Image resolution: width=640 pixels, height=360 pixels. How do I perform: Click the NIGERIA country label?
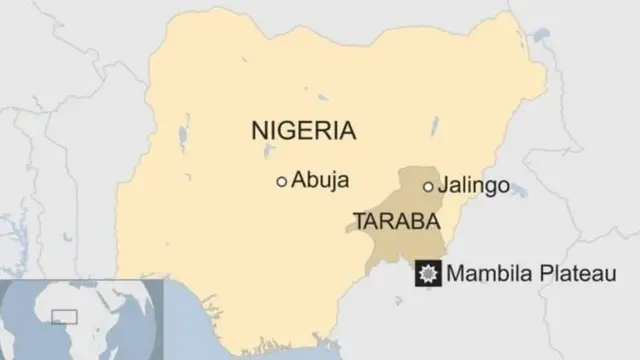pos(304,130)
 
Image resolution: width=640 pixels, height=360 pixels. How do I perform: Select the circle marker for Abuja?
pos(282,181)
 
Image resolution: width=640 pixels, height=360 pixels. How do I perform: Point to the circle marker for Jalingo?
pos(428,186)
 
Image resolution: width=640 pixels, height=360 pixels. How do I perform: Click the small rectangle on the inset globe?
pos(63,316)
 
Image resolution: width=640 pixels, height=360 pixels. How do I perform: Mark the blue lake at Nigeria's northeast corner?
pos(540,37)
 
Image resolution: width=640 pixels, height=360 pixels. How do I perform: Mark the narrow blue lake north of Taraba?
pos(433,128)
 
